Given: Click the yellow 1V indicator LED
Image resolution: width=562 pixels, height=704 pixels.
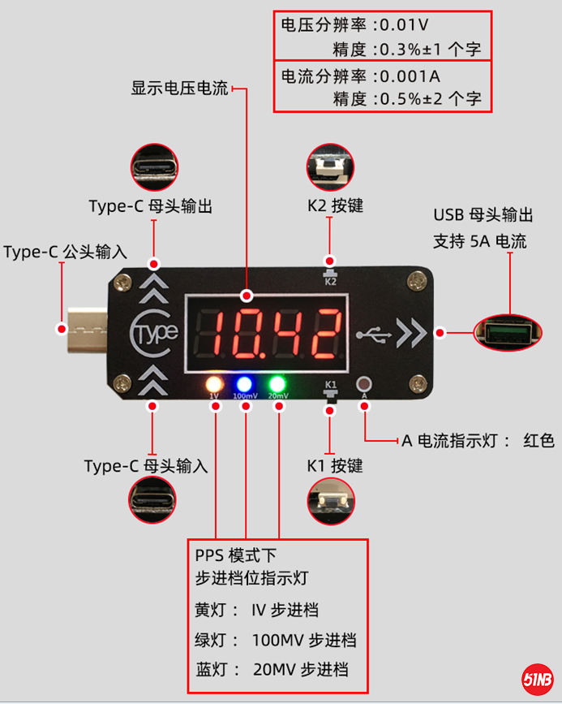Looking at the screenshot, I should coord(215,384).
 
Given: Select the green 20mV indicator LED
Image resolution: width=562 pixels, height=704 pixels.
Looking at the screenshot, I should coord(277,384).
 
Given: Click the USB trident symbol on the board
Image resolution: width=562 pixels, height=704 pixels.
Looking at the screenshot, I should coord(373,333).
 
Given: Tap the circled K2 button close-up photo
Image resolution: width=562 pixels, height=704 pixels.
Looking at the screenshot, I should coord(330,167).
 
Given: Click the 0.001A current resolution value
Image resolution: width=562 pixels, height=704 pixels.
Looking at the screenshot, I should coord(411,76).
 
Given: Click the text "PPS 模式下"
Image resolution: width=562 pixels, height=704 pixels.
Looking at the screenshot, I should coord(236,556).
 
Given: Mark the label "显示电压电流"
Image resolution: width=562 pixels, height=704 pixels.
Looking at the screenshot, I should coord(179,89).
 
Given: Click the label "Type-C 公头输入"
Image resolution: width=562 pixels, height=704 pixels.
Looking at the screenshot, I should coord(65,252).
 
